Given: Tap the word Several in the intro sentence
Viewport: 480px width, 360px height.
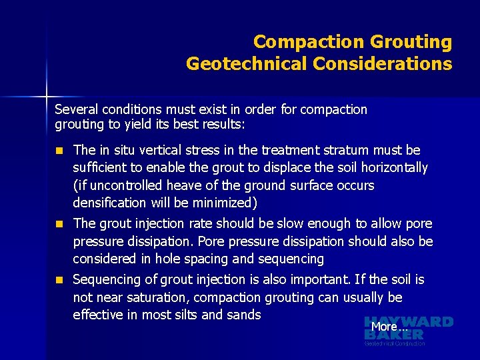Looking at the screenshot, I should pos(76,109).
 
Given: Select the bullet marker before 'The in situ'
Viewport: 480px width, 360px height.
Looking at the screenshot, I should pos(59,151).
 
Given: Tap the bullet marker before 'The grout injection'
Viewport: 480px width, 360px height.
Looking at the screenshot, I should pos(59,224).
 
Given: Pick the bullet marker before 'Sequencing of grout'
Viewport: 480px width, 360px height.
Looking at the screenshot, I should pos(59,280).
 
